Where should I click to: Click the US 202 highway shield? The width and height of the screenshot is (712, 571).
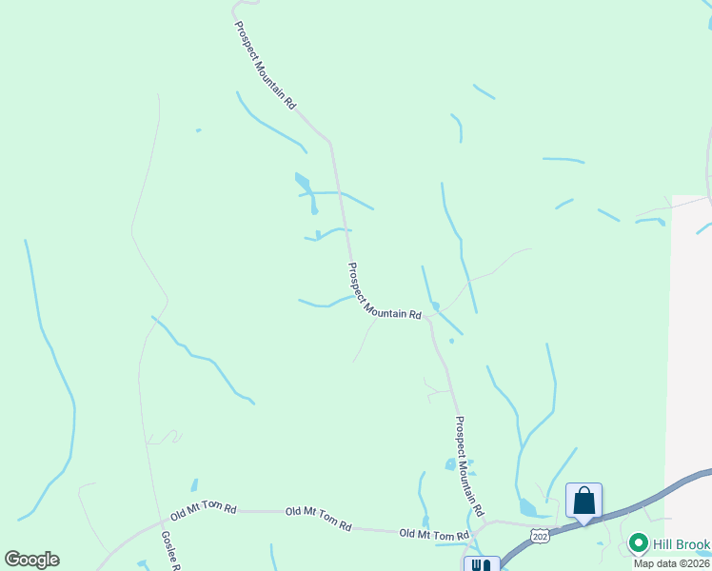tap(540, 536)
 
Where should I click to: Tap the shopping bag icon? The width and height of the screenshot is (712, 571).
tap(583, 501)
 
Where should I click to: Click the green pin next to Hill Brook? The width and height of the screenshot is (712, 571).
tap(638, 544)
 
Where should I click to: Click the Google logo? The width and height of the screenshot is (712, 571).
tap(31, 560)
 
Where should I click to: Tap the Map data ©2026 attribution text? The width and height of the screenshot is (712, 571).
tap(672, 563)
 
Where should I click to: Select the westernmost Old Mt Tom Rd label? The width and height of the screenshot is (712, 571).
tap(203, 509)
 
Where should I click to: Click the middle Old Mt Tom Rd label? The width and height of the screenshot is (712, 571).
tap(318, 519)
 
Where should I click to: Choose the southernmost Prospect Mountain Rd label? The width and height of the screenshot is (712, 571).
tap(469, 463)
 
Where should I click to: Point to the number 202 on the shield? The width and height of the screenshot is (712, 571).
tap(540, 537)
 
